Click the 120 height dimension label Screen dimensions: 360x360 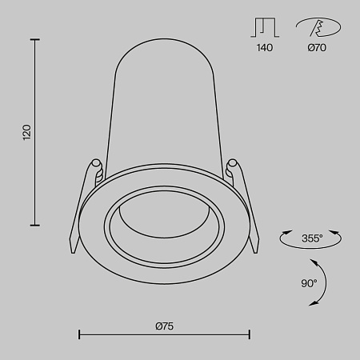click(26, 132)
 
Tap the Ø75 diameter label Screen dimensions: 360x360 click(164, 325)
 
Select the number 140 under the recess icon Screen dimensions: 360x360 click(265, 48)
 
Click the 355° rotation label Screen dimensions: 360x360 click(311, 238)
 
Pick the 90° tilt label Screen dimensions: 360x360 click(308, 282)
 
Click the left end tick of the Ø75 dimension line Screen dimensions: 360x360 click(78, 334)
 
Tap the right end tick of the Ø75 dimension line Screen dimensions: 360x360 click(250, 334)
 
